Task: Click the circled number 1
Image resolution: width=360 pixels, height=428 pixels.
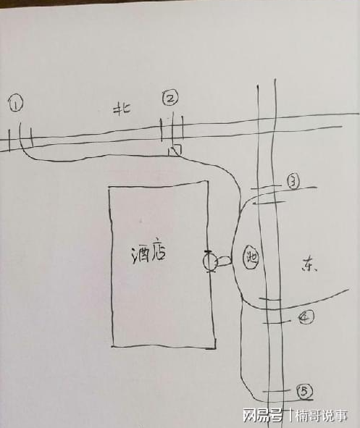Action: pos(16,104)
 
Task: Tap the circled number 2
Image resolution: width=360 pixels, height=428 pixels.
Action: pos(171,98)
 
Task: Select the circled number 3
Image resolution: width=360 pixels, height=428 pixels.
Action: pos(293,182)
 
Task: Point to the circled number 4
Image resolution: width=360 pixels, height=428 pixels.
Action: pos(306,317)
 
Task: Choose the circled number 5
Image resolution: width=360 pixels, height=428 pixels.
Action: pos(305,391)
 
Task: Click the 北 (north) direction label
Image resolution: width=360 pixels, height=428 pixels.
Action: pos(122,109)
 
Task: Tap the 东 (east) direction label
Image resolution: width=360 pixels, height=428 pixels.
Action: pos(309,265)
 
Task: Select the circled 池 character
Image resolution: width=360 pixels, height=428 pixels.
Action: pos(251,257)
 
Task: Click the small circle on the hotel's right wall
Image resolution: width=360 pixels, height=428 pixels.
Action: pos(209,261)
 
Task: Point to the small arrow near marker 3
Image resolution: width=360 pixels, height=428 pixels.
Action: pos(269,203)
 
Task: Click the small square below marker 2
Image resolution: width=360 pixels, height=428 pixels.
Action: pos(175,150)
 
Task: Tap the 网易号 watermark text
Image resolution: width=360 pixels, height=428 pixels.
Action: pos(262,415)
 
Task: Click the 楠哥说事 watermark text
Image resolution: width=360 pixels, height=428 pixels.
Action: pos(322,415)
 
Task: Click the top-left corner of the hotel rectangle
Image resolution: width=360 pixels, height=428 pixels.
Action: pos(109,188)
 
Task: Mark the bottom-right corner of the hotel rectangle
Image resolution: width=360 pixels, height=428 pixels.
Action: pos(215,348)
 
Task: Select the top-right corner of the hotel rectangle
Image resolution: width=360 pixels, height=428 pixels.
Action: pos(208,181)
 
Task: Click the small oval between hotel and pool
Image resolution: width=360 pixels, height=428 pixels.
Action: pos(225,261)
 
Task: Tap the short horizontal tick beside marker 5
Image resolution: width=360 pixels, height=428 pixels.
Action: pos(276,391)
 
